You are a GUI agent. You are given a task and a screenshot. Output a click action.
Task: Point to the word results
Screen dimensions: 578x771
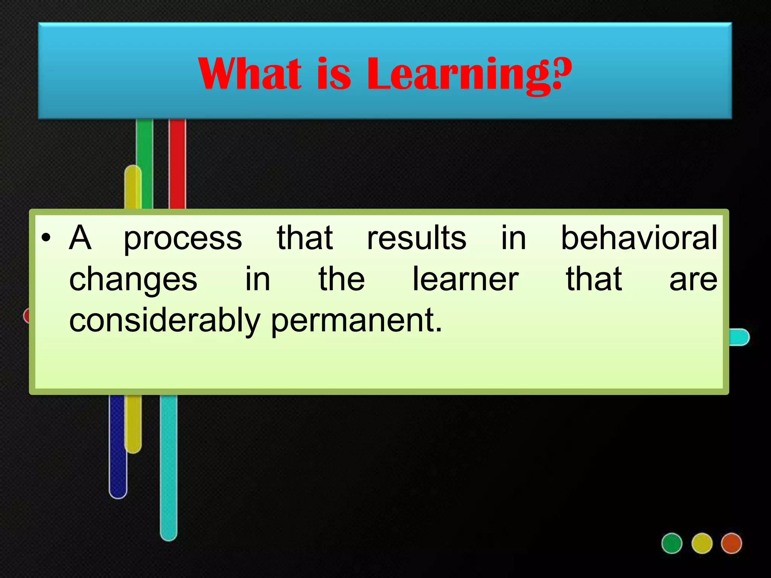pyautogui.click(x=417, y=238)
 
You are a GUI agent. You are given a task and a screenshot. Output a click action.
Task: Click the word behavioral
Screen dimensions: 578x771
pyautogui.click(x=639, y=238)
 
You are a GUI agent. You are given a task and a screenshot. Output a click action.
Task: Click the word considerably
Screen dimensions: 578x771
pyautogui.click(x=165, y=321)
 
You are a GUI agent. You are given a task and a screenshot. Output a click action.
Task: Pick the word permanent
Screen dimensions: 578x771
pyautogui.click(x=356, y=321)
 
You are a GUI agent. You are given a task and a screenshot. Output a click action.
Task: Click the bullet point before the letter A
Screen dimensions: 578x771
pyautogui.click(x=46, y=239)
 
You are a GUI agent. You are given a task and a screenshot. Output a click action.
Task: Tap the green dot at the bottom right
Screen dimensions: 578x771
pyautogui.click(x=672, y=543)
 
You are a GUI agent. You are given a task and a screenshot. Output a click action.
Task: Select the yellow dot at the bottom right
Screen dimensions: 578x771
pyautogui.click(x=702, y=543)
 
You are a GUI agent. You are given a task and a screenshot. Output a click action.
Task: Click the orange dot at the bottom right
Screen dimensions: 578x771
pyautogui.click(x=731, y=543)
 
